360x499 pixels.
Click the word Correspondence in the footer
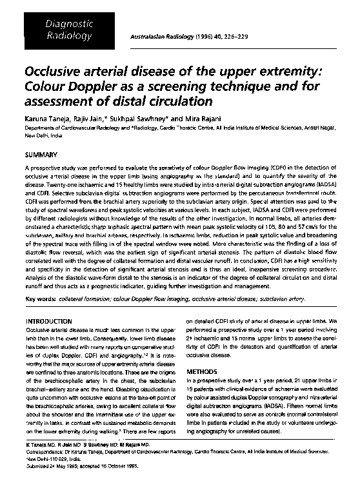(x=45, y=470)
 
